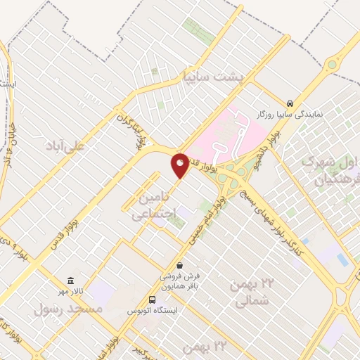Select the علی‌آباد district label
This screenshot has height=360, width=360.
65,146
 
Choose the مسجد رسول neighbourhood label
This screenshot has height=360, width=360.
68,309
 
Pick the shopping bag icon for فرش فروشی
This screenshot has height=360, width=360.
180,266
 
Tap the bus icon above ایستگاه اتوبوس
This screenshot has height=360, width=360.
153,300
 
